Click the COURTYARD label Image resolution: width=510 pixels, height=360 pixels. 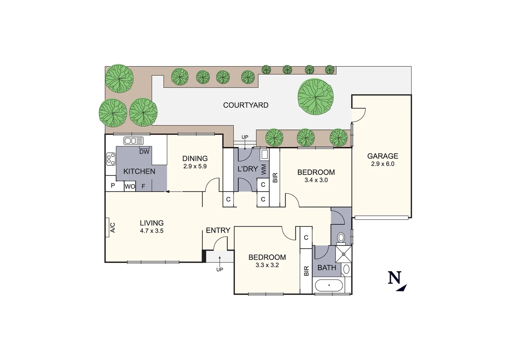[x=245, y=105]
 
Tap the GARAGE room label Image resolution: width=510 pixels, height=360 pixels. [x=383, y=156]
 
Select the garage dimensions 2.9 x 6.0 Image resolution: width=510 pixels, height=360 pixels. [x=383, y=164]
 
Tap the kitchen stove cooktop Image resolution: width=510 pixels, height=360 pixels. [x=110, y=159]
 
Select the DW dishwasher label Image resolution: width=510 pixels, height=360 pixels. [x=144, y=152]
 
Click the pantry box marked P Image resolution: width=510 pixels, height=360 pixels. [x=113, y=186]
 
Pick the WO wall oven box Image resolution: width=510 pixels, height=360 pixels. [x=130, y=187]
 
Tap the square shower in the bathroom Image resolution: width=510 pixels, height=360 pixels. [x=343, y=254]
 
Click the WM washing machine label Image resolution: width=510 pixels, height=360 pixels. [x=264, y=169]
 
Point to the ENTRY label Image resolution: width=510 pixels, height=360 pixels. [x=218, y=230]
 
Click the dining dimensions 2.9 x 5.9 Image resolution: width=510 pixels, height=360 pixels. [x=195, y=166]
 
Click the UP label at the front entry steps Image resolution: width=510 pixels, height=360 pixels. [x=219, y=269]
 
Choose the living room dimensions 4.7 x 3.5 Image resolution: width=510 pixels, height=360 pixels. [x=151, y=231]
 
